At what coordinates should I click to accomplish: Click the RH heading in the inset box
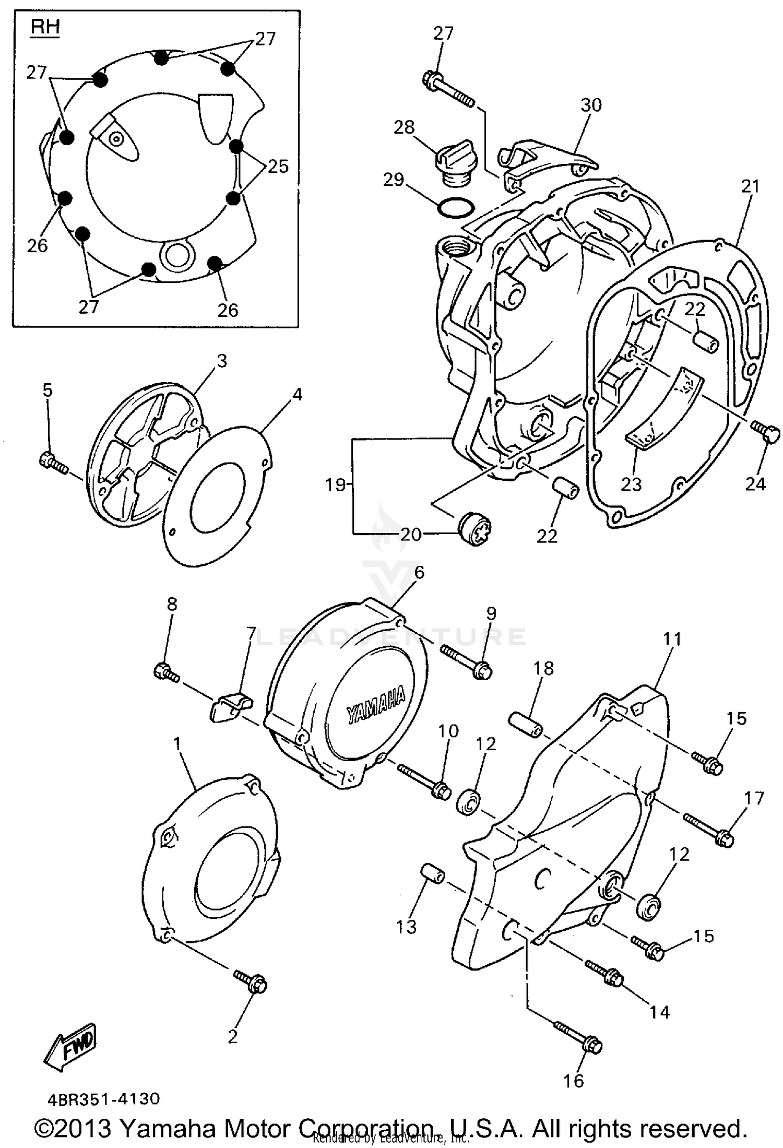coord(45,28)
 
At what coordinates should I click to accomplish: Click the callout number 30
coord(591,105)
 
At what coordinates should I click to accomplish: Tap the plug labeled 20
coord(475,530)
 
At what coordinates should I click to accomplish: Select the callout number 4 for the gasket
coord(296,395)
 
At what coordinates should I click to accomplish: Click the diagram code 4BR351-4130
coord(103,1099)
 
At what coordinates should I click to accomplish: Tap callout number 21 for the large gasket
coord(750,186)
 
